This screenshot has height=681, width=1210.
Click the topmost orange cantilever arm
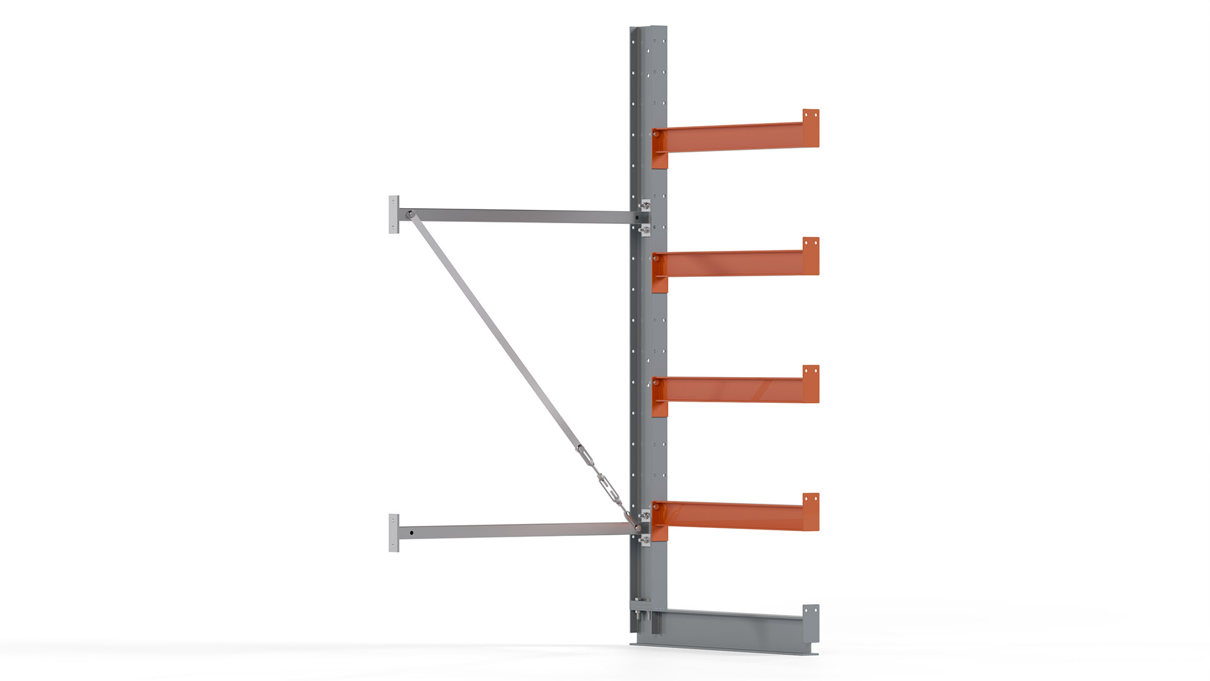(x=731, y=137)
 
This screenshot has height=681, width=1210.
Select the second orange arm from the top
(x=731, y=264)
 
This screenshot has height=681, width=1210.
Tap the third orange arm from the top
(x=731, y=390)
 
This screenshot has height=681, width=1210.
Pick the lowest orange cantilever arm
(x=731, y=516)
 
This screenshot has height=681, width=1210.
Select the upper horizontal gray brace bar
(x=517, y=216)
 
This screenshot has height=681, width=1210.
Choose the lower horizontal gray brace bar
(x=517, y=530)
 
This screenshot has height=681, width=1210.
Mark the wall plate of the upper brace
(x=394, y=214)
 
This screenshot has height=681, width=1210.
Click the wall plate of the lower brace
(x=394, y=533)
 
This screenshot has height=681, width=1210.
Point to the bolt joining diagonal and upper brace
(x=409, y=214)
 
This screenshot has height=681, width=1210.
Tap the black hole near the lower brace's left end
(x=412, y=533)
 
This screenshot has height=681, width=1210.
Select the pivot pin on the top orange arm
(x=657, y=134)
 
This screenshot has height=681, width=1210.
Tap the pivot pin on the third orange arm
(x=657, y=381)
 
